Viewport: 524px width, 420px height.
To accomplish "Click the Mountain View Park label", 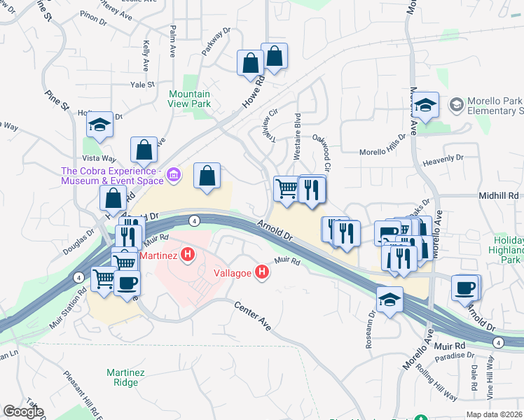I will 189,99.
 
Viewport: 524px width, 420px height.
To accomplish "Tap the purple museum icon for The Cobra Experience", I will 175,171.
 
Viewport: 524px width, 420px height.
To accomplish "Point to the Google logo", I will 23,412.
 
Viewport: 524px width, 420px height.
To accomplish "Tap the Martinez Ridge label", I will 125,378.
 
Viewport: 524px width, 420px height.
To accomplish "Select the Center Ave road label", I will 251,315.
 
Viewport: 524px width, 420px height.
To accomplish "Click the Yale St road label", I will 142,85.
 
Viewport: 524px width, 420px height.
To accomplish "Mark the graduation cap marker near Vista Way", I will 100,125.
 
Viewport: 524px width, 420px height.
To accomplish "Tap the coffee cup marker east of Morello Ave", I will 464,287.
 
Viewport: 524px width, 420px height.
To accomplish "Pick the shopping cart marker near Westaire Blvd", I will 287,188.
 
